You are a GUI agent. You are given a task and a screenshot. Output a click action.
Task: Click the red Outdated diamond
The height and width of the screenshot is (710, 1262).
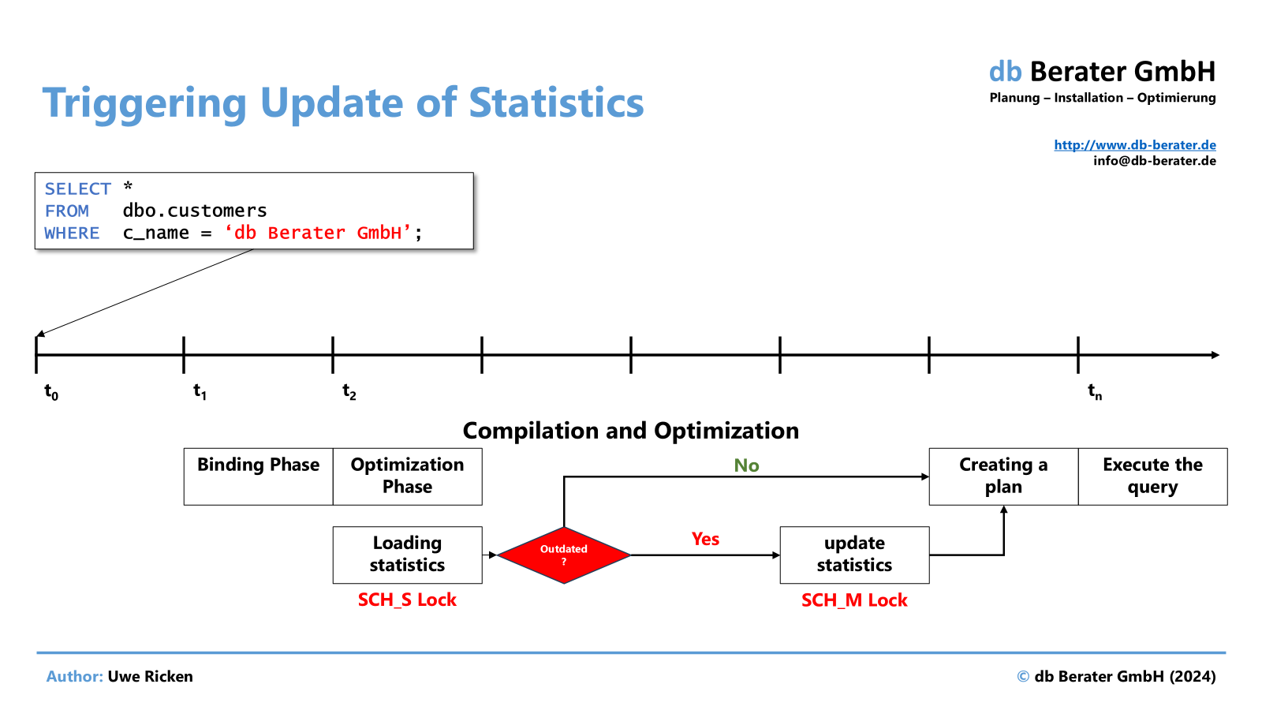[564, 555]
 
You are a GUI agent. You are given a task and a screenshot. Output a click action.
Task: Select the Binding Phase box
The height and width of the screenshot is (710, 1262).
[259, 476]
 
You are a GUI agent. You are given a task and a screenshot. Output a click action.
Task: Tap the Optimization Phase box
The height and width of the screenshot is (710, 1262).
[407, 476]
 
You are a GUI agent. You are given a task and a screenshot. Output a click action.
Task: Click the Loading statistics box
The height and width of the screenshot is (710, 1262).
[407, 555]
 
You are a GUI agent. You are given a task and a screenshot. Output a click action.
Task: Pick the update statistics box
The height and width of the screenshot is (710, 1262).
[855, 555]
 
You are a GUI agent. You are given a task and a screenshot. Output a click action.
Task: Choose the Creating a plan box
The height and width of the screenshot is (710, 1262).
[1004, 476]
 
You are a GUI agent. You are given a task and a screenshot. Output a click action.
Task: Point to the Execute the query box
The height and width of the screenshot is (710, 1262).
[1152, 476]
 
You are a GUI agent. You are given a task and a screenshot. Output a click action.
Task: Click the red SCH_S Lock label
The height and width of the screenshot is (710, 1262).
[407, 600]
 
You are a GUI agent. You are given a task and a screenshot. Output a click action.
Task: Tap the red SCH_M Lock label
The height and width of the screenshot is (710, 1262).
[854, 600]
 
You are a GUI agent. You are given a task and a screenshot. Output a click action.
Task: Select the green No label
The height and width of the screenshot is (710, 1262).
[746, 465]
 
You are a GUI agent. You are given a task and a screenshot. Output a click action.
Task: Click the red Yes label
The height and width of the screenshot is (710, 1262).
[705, 539]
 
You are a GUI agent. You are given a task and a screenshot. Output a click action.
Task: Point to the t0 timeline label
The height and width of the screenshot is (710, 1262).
[51, 391]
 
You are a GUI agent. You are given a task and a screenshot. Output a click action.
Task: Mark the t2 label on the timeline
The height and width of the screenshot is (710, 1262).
[349, 391]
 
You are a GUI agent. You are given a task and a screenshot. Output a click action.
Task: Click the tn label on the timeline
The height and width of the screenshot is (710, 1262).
[1095, 391]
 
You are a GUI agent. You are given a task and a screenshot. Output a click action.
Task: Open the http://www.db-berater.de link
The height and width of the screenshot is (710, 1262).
[1135, 145]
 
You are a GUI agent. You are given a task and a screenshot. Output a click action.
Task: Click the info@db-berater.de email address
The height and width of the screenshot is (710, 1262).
[1155, 161]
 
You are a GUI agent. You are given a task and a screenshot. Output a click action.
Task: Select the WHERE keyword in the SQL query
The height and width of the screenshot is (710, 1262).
[72, 233]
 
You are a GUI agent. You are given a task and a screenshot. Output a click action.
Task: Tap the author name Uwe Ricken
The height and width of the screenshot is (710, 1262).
[150, 676]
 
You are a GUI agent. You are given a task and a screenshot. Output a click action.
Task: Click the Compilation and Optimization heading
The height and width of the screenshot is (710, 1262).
[630, 431]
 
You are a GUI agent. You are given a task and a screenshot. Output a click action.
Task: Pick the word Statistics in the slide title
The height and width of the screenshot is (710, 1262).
[556, 103]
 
